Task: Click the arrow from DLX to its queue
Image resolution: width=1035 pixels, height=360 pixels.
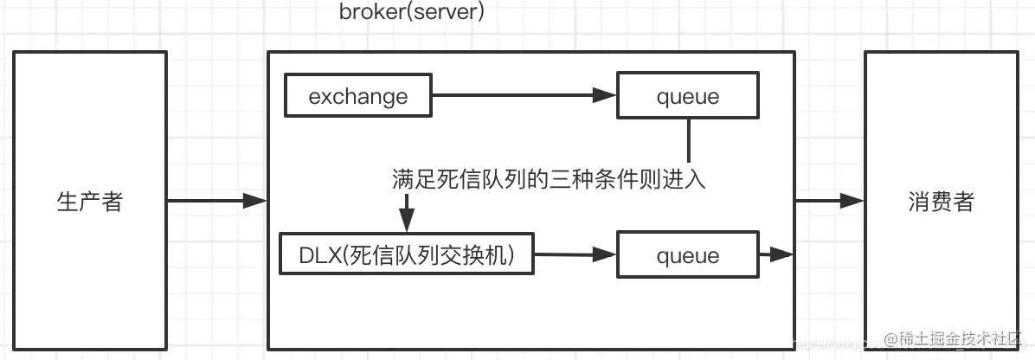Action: point(573,255)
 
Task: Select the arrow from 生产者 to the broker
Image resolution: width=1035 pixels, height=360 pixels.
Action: point(216,202)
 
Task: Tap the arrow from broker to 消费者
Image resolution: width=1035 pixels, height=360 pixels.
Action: point(829,201)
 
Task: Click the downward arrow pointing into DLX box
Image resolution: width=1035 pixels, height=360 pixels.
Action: point(405,212)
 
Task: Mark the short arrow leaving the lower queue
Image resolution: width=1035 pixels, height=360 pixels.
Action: point(776,254)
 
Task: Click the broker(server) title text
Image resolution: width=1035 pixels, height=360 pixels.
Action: point(412,14)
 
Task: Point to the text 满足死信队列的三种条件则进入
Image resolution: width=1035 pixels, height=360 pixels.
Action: point(550,180)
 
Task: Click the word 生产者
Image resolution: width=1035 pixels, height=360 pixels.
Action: point(90,202)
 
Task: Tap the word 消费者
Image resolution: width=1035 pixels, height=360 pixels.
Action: point(942,202)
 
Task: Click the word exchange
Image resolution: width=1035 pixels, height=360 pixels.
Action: point(358,96)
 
